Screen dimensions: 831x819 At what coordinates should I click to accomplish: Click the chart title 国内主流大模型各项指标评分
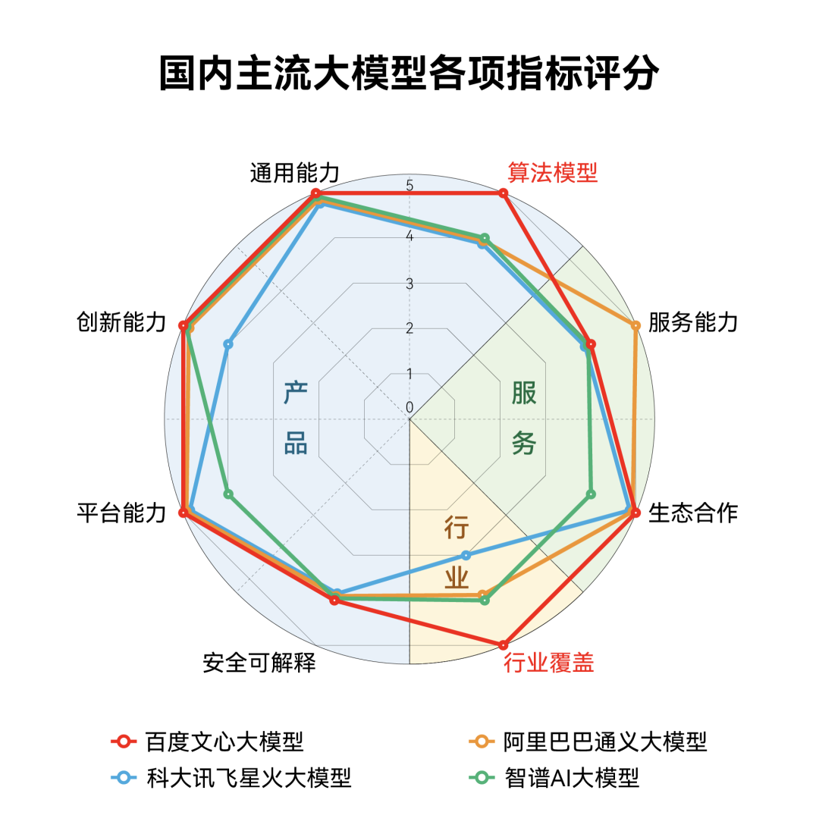[409, 74]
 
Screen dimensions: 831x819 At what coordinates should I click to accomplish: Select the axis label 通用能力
[294, 174]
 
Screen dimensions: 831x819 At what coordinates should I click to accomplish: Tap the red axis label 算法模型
[552, 173]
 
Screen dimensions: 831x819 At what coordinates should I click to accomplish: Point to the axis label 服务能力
[693, 322]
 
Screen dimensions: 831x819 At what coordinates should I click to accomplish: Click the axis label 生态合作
[693, 513]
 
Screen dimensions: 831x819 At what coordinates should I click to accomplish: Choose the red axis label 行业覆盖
[549, 663]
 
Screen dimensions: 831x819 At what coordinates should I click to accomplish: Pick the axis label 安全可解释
[259, 663]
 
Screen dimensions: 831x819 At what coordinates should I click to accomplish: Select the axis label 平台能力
[121, 513]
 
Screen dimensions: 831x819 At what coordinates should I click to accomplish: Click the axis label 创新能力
[121, 322]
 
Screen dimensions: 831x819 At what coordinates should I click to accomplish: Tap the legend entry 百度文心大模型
[224, 741]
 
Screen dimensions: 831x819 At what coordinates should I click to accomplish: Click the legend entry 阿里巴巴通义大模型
[604, 741]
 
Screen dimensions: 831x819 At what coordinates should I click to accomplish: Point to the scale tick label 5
[409, 186]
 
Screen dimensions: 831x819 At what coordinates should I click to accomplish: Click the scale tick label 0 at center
[409, 408]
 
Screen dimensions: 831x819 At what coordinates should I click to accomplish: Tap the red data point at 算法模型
[502, 194]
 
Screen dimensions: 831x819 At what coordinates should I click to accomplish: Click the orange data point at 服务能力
[635, 325]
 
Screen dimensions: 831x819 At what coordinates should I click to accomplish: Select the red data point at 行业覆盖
[502, 644]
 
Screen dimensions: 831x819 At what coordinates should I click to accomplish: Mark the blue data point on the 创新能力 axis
[228, 344]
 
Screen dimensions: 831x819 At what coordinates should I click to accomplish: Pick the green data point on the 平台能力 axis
[229, 494]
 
